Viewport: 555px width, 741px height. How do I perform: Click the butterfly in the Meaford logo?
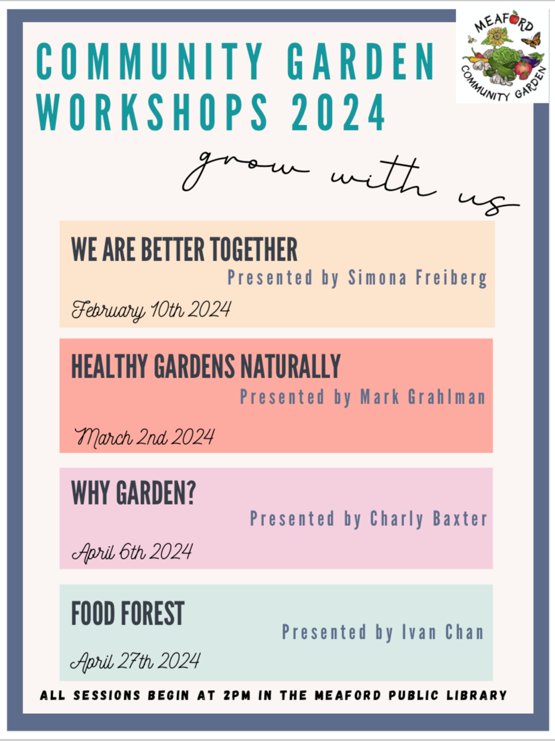tap(532, 40)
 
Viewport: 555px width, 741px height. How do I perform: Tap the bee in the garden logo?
tap(471, 40)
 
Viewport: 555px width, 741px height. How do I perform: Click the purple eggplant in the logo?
tap(531, 62)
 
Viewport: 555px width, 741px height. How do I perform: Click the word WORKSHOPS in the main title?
tap(153, 112)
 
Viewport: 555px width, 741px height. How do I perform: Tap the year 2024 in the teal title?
tap(338, 112)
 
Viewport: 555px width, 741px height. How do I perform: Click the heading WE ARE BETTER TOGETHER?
tap(184, 249)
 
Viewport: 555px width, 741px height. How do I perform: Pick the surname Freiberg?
tap(451, 278)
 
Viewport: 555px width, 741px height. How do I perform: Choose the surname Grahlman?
tap(447, 397)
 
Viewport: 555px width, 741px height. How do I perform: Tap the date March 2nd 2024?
tap(144, 438)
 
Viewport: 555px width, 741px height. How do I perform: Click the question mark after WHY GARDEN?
tap(191, 492)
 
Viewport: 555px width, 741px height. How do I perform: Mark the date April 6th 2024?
tap(132, 552)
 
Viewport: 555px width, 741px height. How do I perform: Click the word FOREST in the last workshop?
tap(152, 613)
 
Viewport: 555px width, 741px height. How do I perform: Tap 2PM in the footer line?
tap(237, 695)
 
